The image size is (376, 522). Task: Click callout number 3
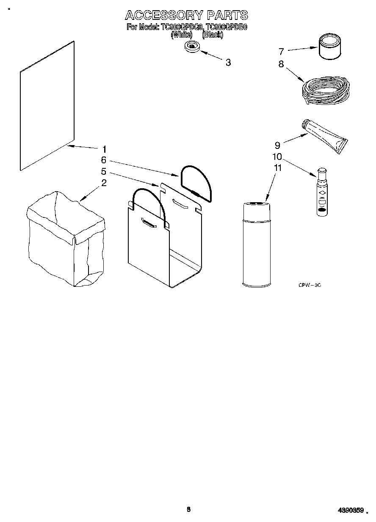tap(228, 63)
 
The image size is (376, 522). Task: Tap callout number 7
tap(281, 52)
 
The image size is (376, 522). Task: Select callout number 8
tap(281, 64)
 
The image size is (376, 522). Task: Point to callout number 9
tap(278, 145)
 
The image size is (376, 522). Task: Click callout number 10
tap(277, 157)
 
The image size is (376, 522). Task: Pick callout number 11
tap(278, 168)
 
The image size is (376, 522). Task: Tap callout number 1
tap(104, 149)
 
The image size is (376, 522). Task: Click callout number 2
tap(104, 183)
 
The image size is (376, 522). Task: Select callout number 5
tap(103, 172)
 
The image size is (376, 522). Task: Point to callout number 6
tap(103, 160)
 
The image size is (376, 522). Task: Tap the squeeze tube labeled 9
tap(325, 136)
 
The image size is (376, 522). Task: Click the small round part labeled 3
tap(193, 47)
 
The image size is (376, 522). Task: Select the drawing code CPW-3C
tap(310, 286)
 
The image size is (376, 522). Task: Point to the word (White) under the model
tap(182, 36)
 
